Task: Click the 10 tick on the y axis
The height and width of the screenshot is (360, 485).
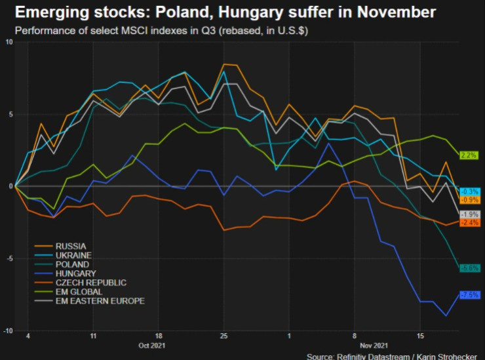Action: tap(9, 42)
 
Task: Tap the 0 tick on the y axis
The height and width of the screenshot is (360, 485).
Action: tap(10, 186)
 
